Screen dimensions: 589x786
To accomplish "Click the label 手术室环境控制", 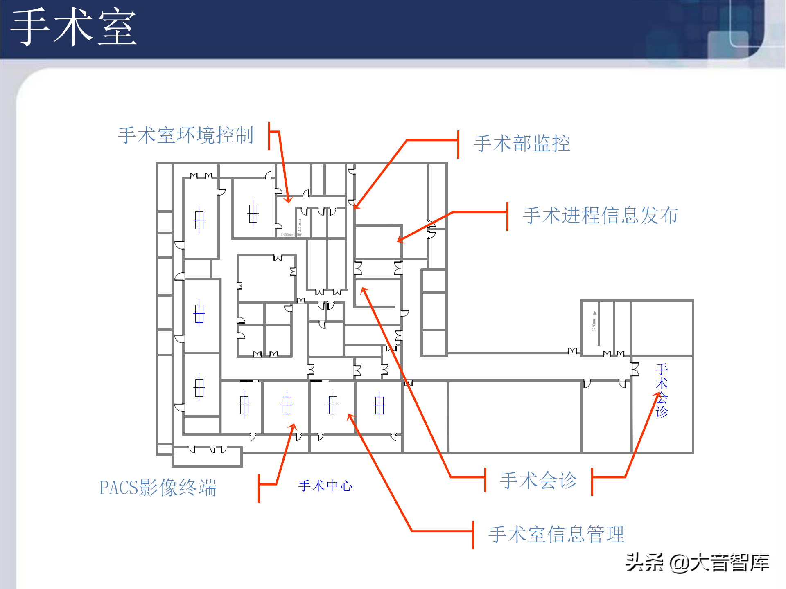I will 186,135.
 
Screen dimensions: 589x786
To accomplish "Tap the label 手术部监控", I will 522,144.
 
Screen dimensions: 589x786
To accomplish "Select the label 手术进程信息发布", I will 600,216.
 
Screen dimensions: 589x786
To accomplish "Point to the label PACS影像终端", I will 158,488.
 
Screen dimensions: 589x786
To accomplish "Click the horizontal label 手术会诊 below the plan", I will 538,480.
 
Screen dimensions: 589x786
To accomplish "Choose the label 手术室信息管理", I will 556,535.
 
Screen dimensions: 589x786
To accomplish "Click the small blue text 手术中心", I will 325,486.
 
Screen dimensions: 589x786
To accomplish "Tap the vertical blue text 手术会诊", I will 662,390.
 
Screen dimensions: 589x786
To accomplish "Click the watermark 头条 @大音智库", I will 697,563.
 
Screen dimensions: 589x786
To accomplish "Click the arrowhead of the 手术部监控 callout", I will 356,208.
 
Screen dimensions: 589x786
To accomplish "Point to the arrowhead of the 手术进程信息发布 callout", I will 400,241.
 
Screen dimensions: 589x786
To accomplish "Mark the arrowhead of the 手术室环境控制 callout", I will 288,201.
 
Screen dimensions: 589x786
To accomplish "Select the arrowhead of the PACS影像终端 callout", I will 293,425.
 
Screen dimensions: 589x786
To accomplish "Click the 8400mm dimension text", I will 287,235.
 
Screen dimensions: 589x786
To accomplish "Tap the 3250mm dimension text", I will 594,324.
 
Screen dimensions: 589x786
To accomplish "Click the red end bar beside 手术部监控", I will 458,144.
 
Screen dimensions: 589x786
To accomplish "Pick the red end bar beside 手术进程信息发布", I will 508,216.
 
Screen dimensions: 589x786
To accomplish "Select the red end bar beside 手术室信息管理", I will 473,535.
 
